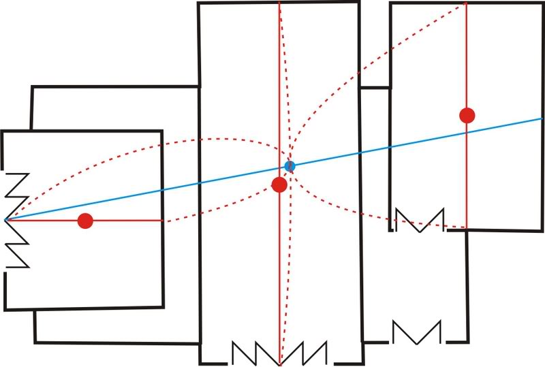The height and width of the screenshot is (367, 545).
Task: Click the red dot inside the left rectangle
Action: pyautogui.click(x=85, y=221)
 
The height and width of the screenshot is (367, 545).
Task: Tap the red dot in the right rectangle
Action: pyautogui.click(x=467, y=115)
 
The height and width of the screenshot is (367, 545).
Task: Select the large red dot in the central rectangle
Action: pyautogui.click(x=279, y=185)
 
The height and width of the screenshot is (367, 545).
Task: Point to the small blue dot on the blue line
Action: pyautogui.click(x=290, y=165)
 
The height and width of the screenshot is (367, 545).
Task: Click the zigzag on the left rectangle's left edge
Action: pyautogui.click(x=16, y=219)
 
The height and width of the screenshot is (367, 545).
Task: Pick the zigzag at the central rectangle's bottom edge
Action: pyautogui.click(x=279, y=352)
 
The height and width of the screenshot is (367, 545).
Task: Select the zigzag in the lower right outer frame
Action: pyautogui.click(x=416, y=332)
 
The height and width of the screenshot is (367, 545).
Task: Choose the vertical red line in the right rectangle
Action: pyautogui.click(x=467, y=61)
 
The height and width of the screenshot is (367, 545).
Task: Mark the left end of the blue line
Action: pyautogui.click(x=5, y=220)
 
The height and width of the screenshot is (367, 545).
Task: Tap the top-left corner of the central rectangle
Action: pyautogui.click(x=199, y=3)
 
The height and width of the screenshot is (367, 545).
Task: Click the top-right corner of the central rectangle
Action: pyautogui.click(x=359, y=3)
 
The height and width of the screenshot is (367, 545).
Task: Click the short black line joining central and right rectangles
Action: pyautogui.click(x=374, y=87)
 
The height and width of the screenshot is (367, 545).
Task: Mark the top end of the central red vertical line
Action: pyautogui.click(x=279, y=3)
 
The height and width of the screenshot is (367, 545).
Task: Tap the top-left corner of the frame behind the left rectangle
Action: pyautogui.click(x=32, y=87)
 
